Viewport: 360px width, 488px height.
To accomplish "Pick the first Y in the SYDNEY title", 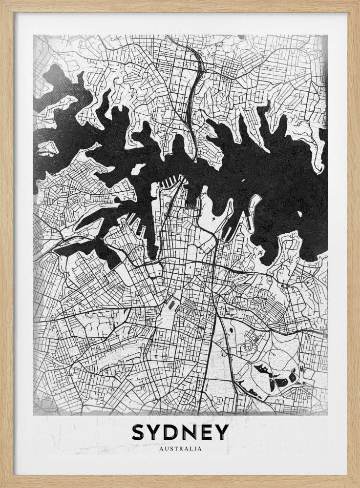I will pyautogui.click(x=157, y=432).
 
